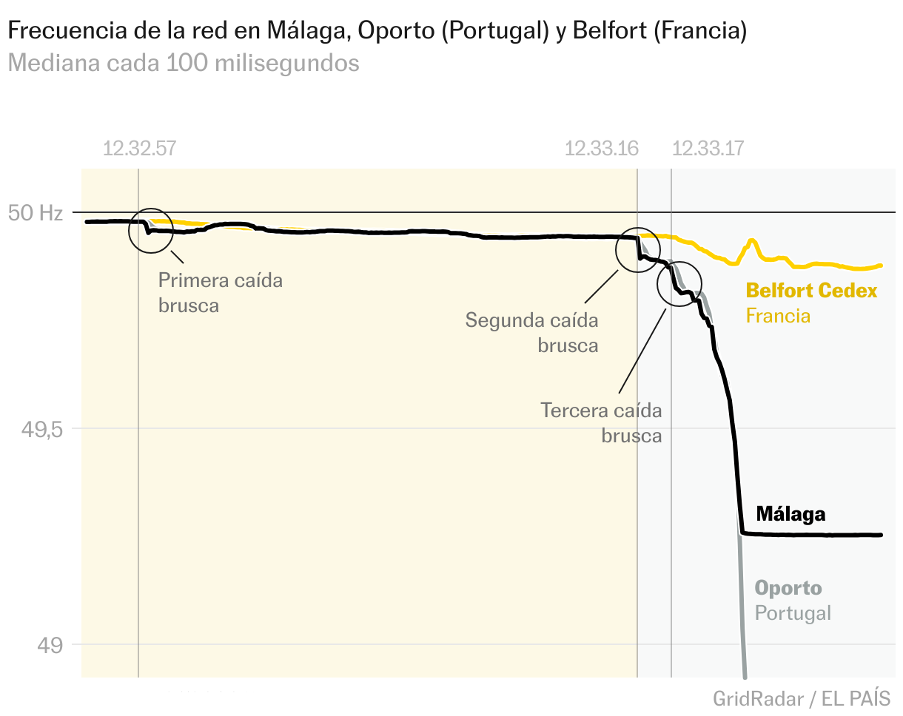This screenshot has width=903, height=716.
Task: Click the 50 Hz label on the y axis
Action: tap(36, 213)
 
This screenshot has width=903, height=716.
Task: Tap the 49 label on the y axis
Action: tap(50, 644)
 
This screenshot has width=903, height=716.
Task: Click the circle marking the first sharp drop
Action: tap(151, 230)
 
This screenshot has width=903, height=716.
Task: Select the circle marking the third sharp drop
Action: tap(679, 284)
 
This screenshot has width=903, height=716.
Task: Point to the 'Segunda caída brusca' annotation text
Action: tap(531, 333)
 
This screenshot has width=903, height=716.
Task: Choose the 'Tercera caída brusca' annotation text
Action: tap(601, 422)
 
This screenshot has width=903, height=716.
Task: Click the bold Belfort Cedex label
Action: tap(811, 291)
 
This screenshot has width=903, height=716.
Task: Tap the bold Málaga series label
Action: tap(790, 514)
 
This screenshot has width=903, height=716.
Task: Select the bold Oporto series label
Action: tap(788, 589)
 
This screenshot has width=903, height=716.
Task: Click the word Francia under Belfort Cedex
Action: tap(778, 316)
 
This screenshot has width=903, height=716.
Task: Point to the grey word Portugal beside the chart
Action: tap(793, 613)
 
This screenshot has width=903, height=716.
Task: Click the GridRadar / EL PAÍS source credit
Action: tap(802, 698)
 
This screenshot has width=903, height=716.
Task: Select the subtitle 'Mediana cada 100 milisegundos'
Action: tap(184, 64)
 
